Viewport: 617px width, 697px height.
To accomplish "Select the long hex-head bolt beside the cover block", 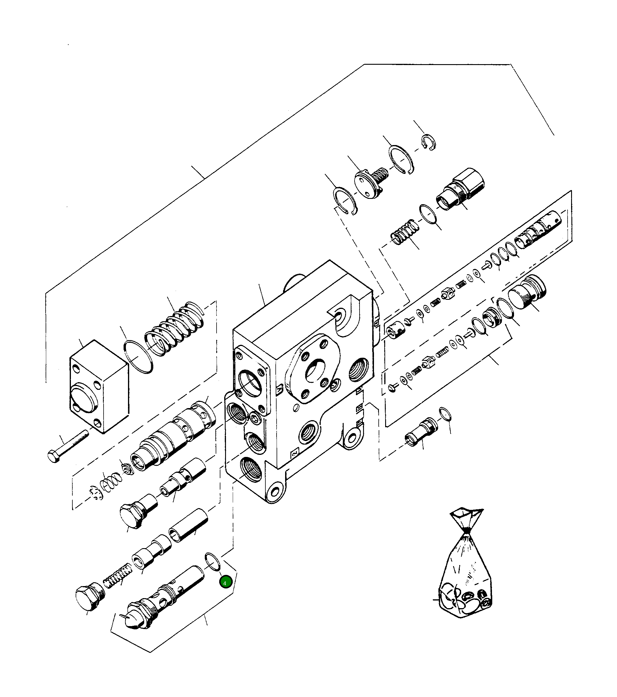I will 68,446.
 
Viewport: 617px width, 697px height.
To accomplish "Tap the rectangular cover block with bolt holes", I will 99,386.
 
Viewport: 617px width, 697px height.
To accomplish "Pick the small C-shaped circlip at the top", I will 429,142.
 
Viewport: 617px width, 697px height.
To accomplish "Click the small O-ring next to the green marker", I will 212,561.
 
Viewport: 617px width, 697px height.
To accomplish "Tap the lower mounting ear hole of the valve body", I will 275,492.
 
